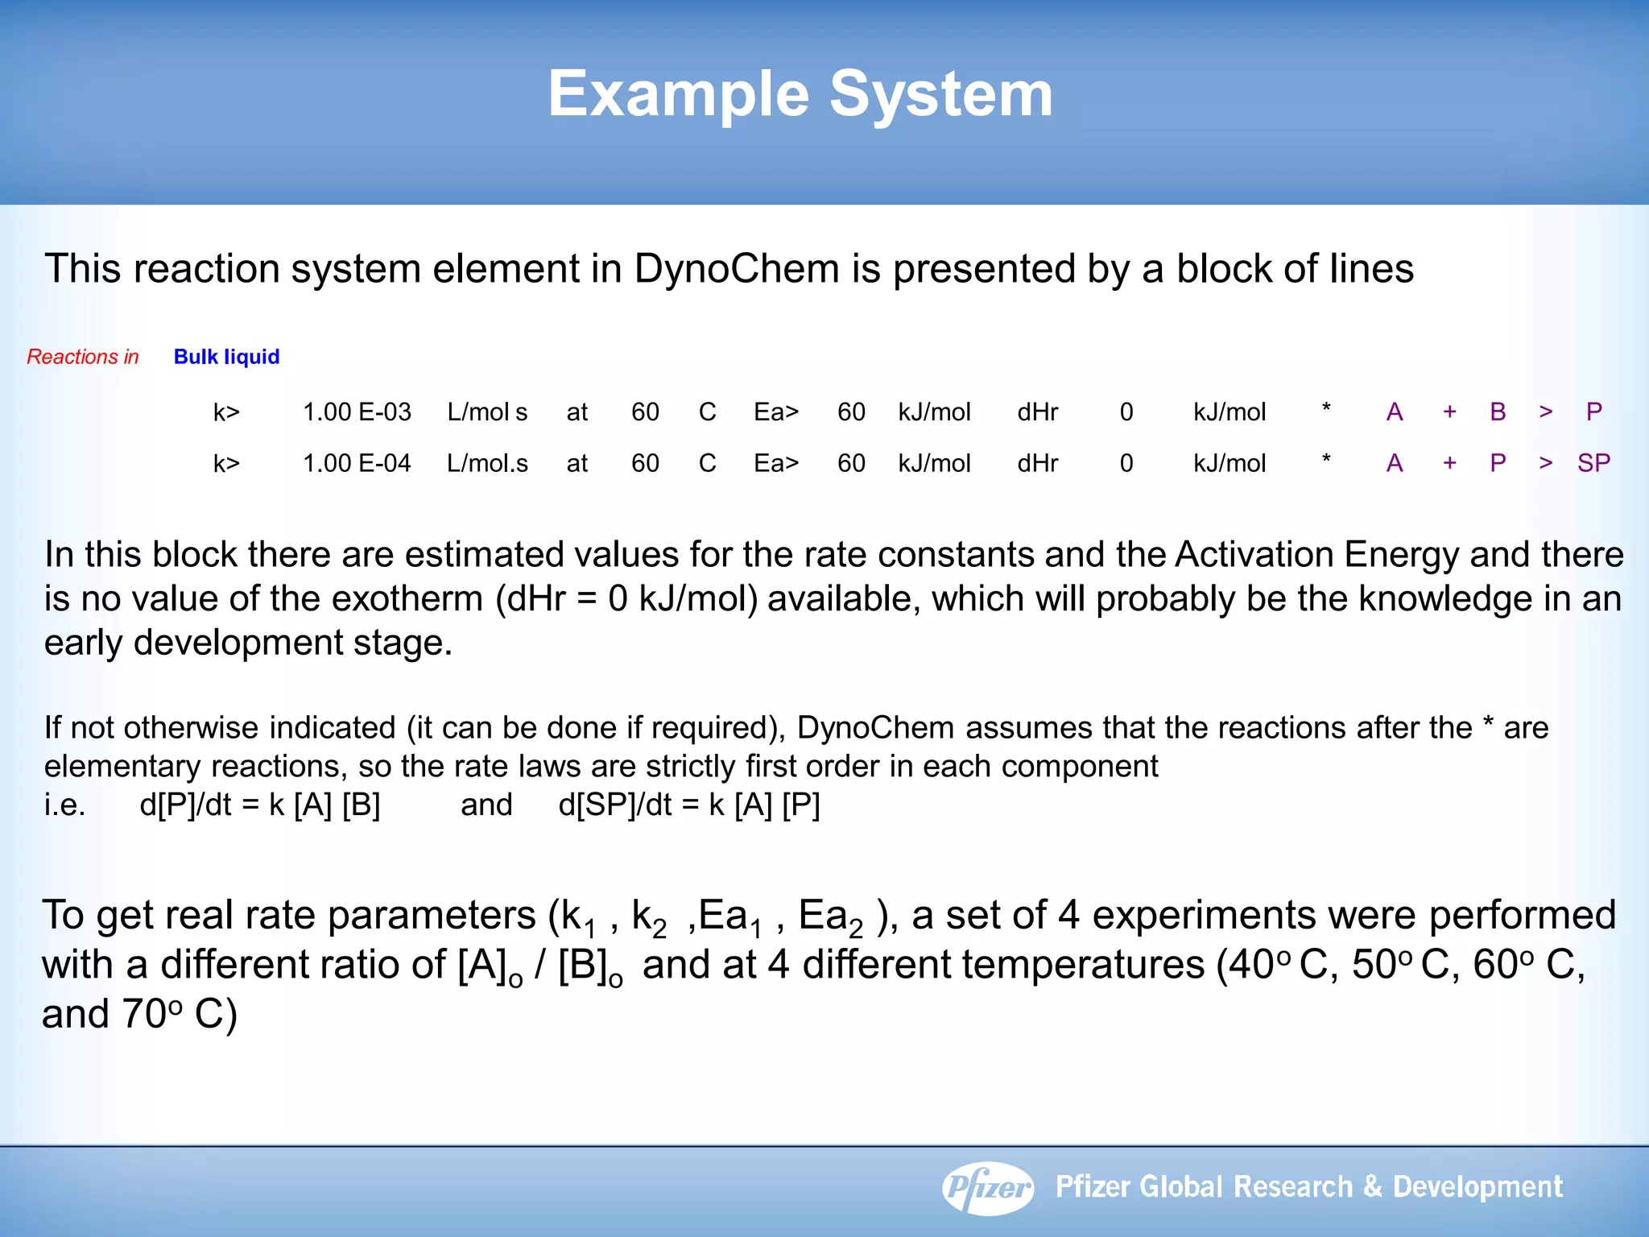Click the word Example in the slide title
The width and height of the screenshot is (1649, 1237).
coord(678,95)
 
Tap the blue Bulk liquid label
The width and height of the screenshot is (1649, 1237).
coord(226,357)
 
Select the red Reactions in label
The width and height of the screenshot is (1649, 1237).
coord(83,357)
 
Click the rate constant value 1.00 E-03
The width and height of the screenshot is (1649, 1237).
coord(357,412)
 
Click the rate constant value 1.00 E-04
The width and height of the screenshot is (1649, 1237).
coord(357,463)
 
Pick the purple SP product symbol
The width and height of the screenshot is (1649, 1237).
coord(1593,463)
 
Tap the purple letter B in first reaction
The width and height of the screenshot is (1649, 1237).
coord(1498,412)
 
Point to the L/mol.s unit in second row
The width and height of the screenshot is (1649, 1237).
coord(487,463)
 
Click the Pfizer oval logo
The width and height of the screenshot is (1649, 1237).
coord(988,1187)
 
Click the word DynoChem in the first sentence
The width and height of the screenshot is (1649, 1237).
coord(736,268)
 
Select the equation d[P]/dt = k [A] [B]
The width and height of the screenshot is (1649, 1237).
coord(260,805)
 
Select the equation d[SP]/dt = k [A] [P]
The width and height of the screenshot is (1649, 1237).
coord(689,805)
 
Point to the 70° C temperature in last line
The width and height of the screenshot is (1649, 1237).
coord(179,1014)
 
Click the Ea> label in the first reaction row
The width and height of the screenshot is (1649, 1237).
coord(776,412)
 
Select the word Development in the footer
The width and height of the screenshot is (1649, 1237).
coord(1477,1187)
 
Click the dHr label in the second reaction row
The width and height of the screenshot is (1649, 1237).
coord(1037,463)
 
